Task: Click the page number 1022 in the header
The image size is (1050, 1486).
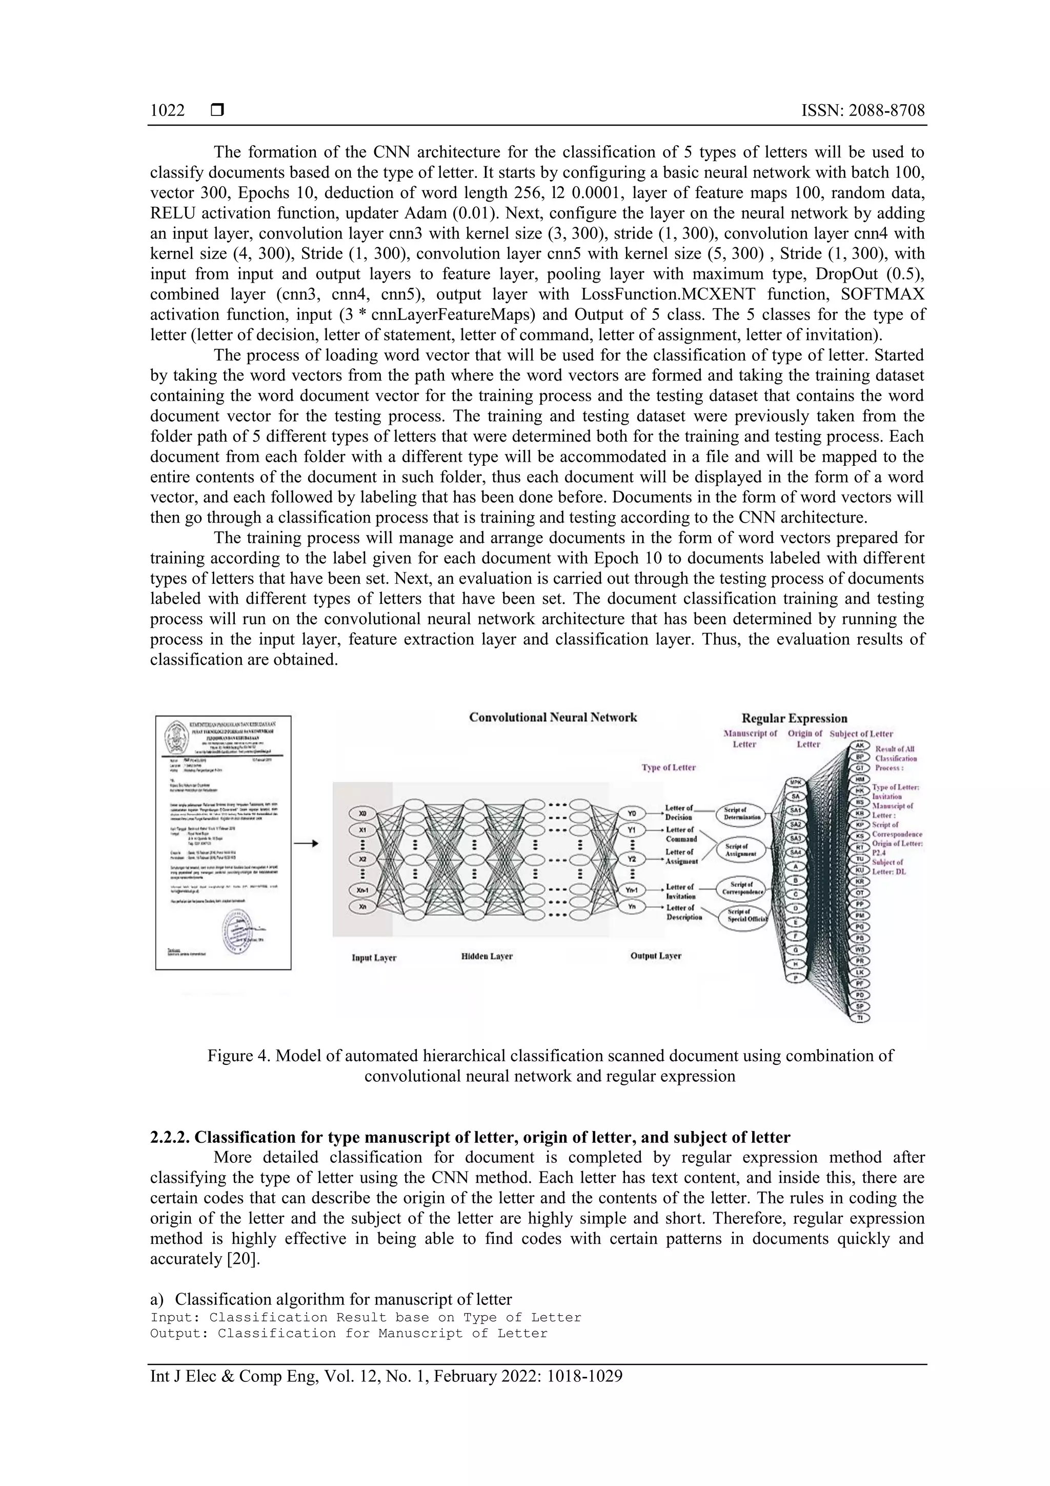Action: point(167,111)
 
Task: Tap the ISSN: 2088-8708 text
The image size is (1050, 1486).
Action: point(862,111)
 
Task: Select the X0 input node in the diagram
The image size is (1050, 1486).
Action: point(362,813)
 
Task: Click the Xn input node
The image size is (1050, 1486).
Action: point(362,907)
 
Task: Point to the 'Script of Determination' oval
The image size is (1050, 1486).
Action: point(741,814)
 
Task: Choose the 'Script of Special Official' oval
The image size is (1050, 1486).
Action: point(743,915)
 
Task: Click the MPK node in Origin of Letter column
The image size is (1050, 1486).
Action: point(796,782)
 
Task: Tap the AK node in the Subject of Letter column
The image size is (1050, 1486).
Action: point(860,746)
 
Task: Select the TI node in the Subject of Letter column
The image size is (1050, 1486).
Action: point(860,1018)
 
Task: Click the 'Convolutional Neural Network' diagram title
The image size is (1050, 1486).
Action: point(553,717)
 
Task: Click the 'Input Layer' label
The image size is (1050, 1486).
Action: point(374,957)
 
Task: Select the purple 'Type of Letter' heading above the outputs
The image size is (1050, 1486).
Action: point(669,767)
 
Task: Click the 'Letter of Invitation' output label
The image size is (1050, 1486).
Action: point(680,891)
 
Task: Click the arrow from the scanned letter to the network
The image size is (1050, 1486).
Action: point(306,843)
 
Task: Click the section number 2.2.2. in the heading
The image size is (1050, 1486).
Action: point(170,1137)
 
